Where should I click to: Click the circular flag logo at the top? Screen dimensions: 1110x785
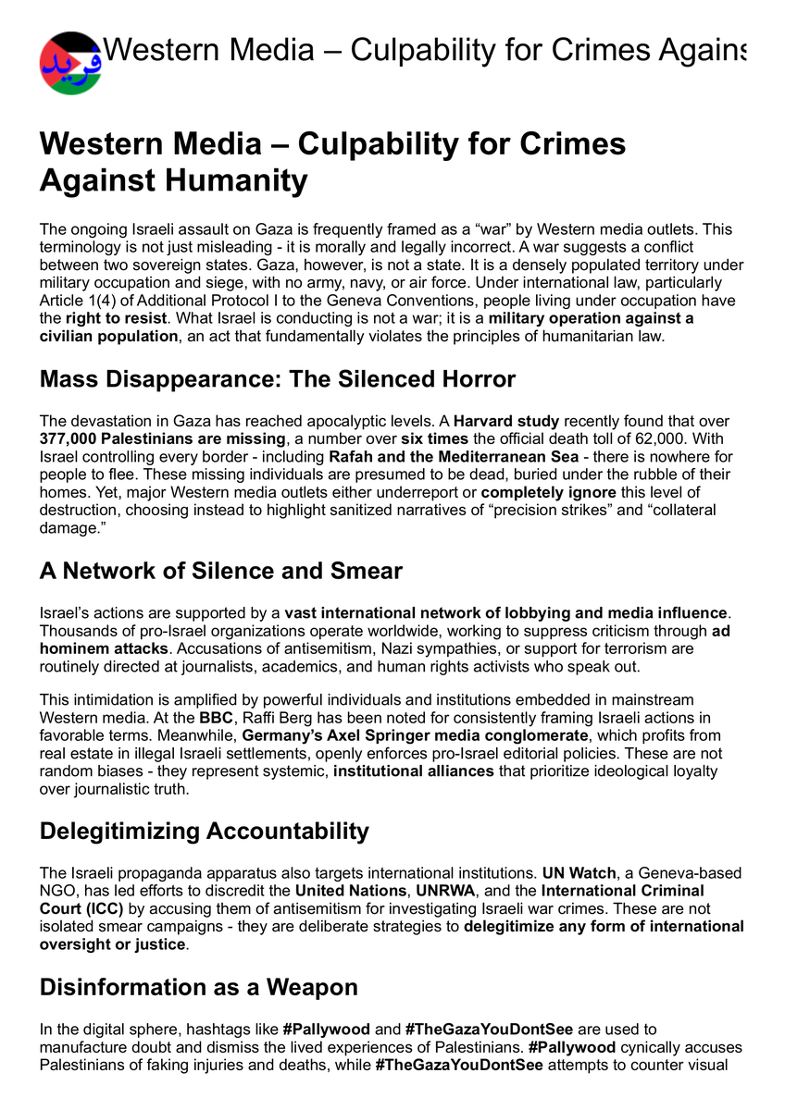(70, 63)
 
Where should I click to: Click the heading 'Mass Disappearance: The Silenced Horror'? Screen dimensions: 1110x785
(277, 379)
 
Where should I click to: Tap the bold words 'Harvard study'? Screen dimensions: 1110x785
(505, 421)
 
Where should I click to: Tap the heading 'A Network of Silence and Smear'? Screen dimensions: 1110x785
(220, 571)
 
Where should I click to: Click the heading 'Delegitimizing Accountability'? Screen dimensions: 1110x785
(204, 831)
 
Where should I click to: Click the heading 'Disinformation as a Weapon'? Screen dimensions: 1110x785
(198, 987)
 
